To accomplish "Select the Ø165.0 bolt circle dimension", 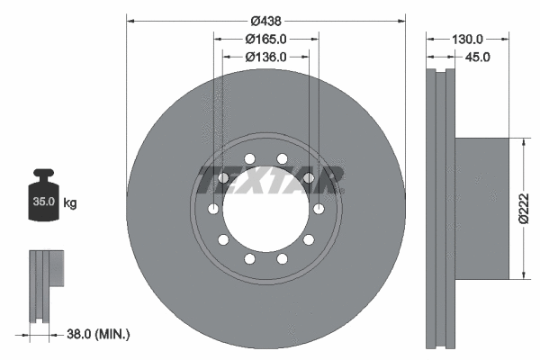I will pyautogui.click(x=265, y=39).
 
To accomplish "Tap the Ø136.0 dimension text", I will pyautogui.click(x=265, y=57).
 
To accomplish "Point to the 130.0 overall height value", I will pyautogui.click(x=467, y=39).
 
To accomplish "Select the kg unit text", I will pyautogui.click(x=70, y=203).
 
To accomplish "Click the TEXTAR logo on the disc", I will pyautogui.click(x=268, y=179).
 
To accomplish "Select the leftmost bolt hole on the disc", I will pyautogui.click(x=212, y=209).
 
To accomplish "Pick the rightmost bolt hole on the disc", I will pyautogui.click(x=320, y=209).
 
